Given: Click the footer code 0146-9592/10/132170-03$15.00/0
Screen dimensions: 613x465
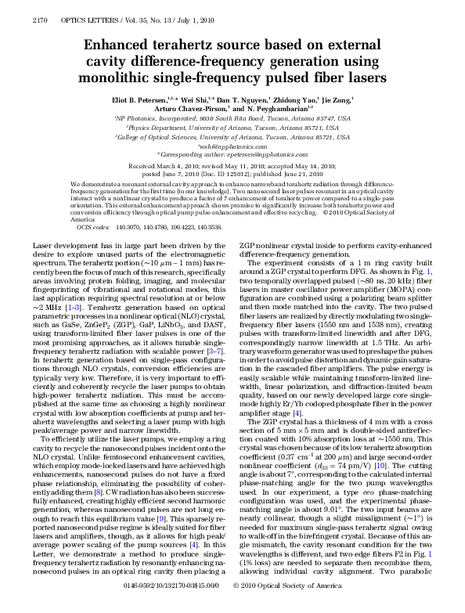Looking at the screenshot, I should [x=185, y=607].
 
